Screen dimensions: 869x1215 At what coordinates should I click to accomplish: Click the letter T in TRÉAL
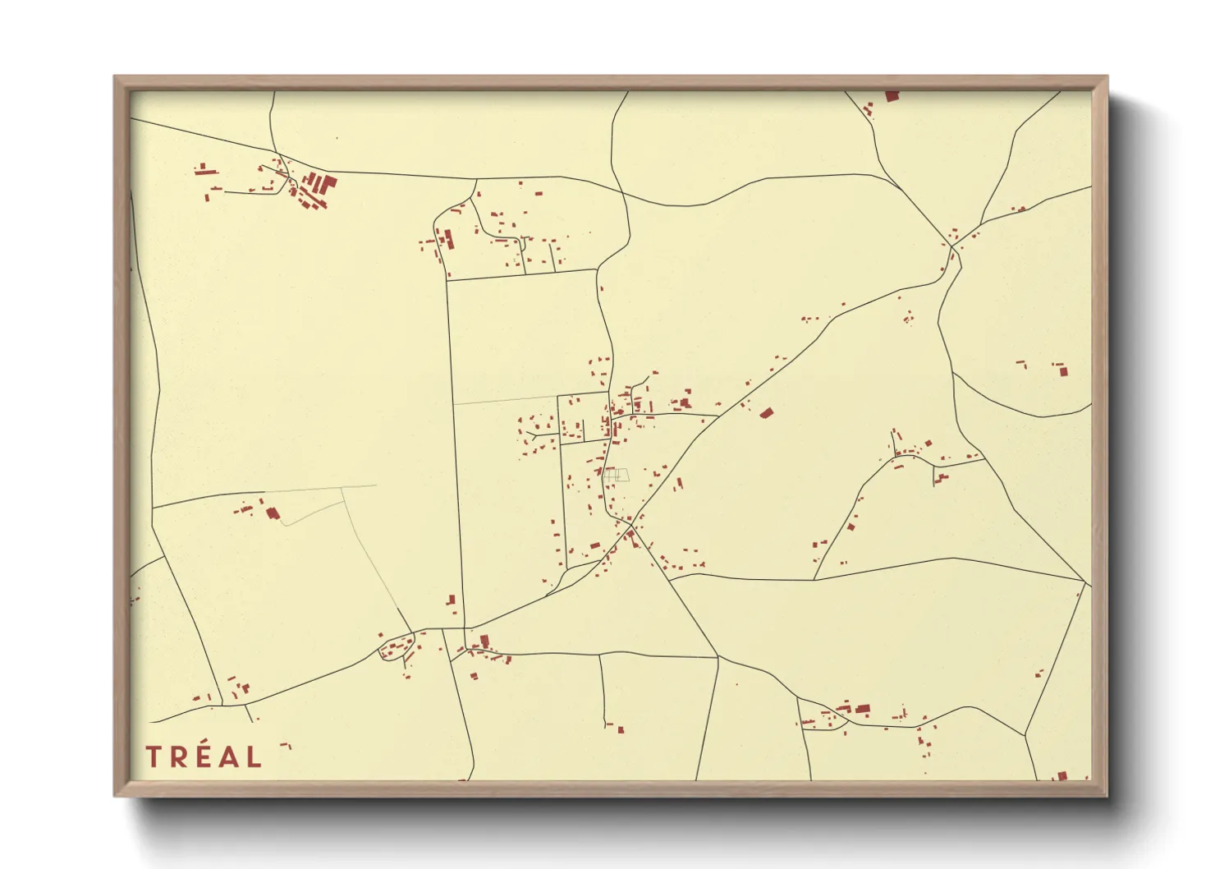tap(154, 756)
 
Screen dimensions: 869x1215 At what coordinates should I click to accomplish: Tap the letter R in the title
tap(178, 756)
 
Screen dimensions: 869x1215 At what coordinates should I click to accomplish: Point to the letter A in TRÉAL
tap(228, 756)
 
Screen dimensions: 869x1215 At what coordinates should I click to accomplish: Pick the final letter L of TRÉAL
tap(254, 756)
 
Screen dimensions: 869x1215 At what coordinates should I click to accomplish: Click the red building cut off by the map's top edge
tap(892, 96)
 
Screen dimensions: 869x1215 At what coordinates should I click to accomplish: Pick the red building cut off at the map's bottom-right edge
tap(1061, 775)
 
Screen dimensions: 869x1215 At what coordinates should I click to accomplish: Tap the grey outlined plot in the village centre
tap(617, 475)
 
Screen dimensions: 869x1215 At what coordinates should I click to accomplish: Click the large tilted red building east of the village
tap(767, 413)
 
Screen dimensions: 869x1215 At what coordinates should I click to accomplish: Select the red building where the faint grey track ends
tap(273, 513)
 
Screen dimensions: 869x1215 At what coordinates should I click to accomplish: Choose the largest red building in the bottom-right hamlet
tap(862, 709)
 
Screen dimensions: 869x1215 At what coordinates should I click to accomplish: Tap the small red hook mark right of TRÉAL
tap(286, 746)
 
